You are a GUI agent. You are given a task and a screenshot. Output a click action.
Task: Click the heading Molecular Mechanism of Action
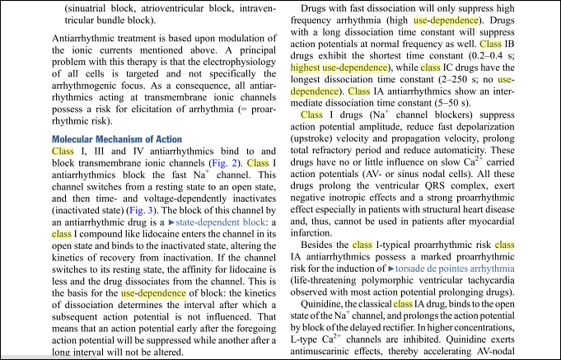tap(116, 139)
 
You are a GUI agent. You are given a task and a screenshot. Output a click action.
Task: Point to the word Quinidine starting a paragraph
tap(326, 304)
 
